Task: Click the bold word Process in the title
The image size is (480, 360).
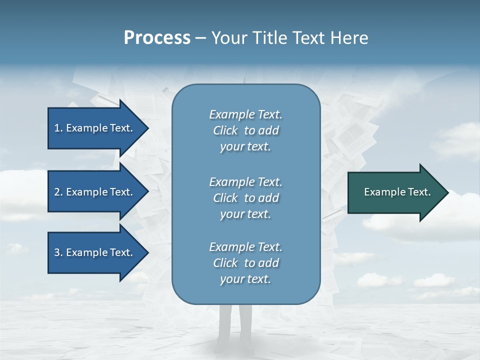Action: (157, 38)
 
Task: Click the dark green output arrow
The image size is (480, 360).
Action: (395, 192)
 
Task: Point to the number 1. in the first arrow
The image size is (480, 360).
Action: (58, 128)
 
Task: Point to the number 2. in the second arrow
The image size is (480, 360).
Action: (58, 192)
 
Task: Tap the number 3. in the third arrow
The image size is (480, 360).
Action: (58, 252)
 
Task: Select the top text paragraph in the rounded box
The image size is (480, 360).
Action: (245, 130)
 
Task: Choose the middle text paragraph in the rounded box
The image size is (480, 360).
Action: (245, 197)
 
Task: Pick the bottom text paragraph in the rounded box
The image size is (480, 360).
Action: (245, 263)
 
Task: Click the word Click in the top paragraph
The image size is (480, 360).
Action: (225, 130)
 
